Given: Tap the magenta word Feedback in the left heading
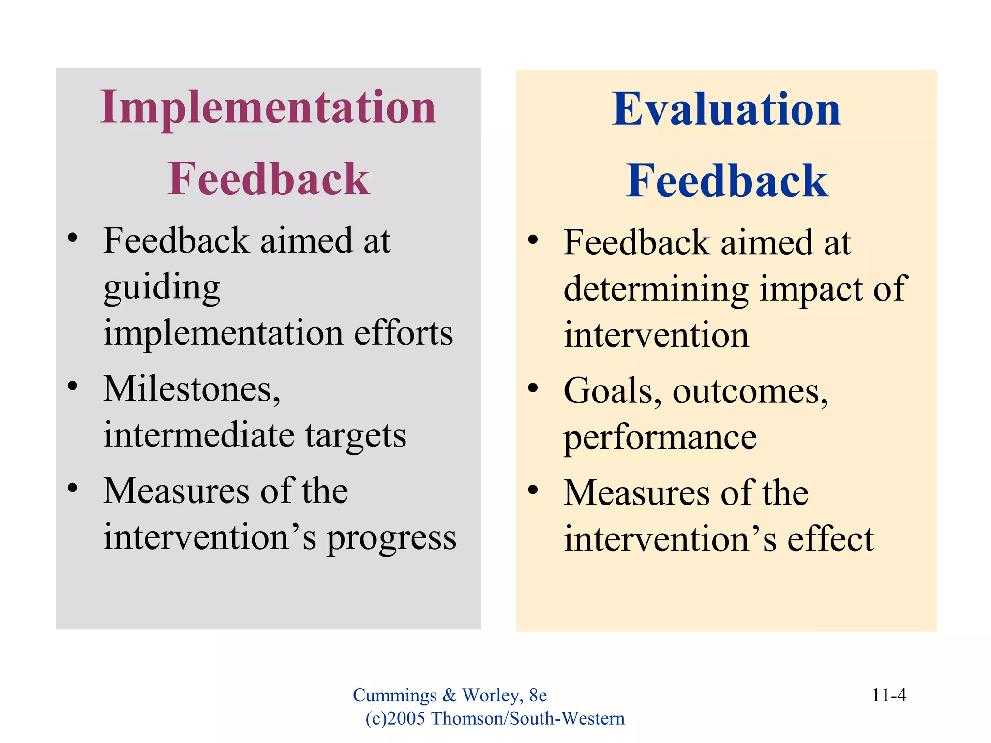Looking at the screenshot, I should point(269,179).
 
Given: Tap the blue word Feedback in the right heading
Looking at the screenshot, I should point(726,181).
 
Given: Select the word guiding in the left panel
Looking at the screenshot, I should point(162,288).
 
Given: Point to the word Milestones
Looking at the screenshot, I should point(192,389).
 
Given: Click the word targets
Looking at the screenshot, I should point(356,435).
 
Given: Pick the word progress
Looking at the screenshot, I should point(391,538).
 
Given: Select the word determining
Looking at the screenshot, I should point(656,289).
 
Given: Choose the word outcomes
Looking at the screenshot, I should point(750,391).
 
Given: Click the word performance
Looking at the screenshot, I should point(660,438).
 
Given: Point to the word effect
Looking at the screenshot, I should point(830,539).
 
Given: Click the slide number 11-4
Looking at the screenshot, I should point(888,696).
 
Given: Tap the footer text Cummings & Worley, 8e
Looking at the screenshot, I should point(450,696).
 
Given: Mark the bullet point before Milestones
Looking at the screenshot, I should point(73,386).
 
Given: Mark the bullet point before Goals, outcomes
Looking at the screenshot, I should point(533,388).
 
